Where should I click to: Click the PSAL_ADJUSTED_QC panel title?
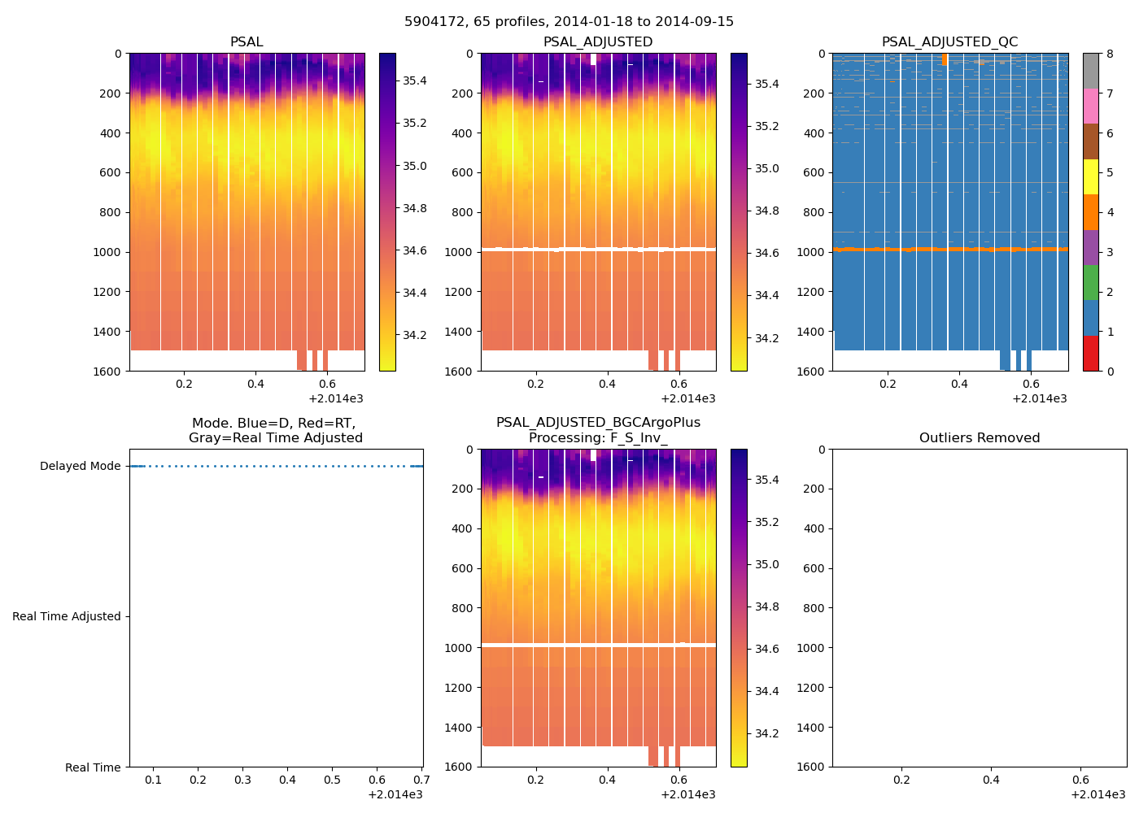tap(949, 42)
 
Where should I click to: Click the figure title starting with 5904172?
tap(569, 22)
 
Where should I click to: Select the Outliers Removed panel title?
tap(979, 438)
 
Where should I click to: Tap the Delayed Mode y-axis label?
tap(80, 467)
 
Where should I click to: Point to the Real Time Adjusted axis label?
tap(66, 617)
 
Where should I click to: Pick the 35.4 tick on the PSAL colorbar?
tap(415, 81)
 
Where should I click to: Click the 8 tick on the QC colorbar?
tap(1110, 54)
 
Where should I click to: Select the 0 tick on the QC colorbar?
tap(1110, 372)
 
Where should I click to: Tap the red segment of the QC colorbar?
tap(1090, 354)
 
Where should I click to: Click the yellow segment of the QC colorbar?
tap(1090, 177)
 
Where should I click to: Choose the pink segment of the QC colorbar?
tap(1090, 107)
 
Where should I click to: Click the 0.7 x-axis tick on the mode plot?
tap(421, 780)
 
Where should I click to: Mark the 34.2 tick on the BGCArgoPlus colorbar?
tap(767, 734)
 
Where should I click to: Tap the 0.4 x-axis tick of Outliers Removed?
tap(991, 780)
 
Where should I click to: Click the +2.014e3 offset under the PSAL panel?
tap(336, 399)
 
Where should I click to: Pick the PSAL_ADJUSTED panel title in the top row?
tap(598, 42)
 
